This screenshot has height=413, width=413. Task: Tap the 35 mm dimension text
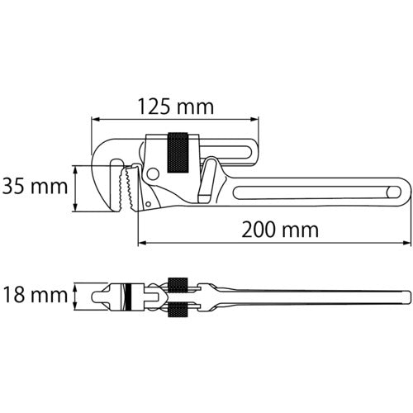pos(36,187)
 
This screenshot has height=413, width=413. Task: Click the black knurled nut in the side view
pos(180,153)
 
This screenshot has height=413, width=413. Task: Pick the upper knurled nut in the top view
pos(179,282)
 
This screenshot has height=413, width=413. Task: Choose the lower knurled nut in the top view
pos(179,311)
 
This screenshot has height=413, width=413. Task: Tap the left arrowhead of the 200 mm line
pos(141,243)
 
